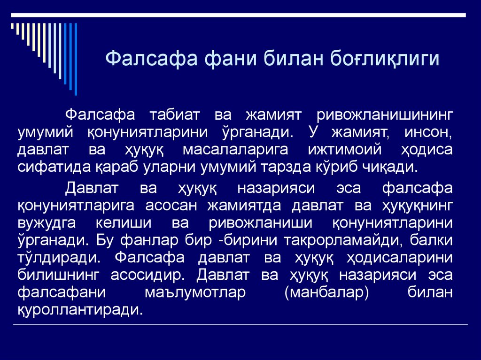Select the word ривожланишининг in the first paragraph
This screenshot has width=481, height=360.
coord(384,115)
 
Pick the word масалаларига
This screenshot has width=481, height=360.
coord(232,150)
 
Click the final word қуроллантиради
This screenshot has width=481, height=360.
coord(79,310)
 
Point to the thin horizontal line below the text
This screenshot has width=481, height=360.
coord(240,325)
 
